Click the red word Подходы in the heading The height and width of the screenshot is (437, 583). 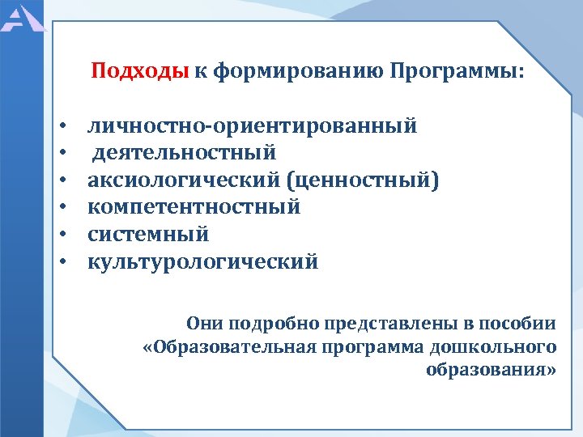pyautogui.click(x=140, y=71)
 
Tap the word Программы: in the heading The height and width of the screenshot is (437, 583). pyautogui.click(x=457, y=71)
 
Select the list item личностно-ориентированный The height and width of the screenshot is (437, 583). pyautogui.click(x=253, y=125)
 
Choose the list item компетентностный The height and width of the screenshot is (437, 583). pyautogui.click(x=194, y=207)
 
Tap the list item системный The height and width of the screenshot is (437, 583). pyautogui.click(x=148, y=235)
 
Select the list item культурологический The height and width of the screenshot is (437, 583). pyautogui.click(x=203, y=262)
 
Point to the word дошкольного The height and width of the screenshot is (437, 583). pyautogui.click(x=503, y=347)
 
